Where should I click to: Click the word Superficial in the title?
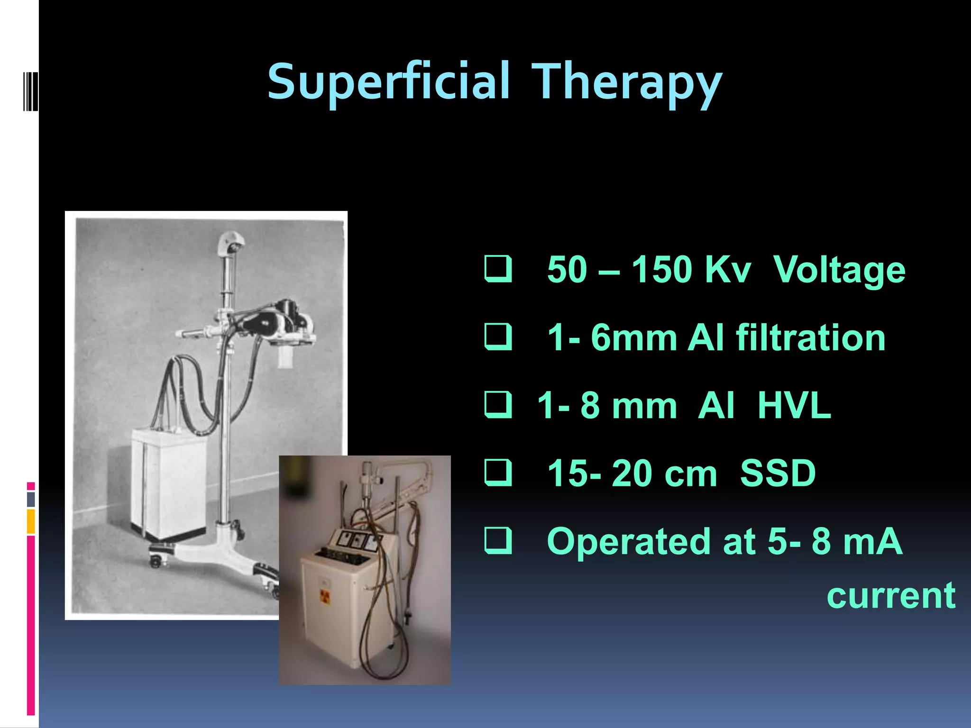(x=389, y=82)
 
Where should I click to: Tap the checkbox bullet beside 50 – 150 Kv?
(x=498, y=269)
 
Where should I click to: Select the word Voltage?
(x=839, y=270)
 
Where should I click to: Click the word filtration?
(x=810, y=337)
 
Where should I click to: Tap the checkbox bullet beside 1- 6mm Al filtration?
(x=498, y=337)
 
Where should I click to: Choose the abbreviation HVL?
(x=794, y=406)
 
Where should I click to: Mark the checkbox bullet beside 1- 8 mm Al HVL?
(x=498, y=405)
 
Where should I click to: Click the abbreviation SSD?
(x=778, y=473)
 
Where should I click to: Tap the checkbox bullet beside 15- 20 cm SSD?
(x=498, y=473)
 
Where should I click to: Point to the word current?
(x=891, y=595)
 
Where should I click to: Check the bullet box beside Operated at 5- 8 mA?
(x=498, y=540)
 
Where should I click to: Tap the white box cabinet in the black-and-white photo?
(x=169, y=483)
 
